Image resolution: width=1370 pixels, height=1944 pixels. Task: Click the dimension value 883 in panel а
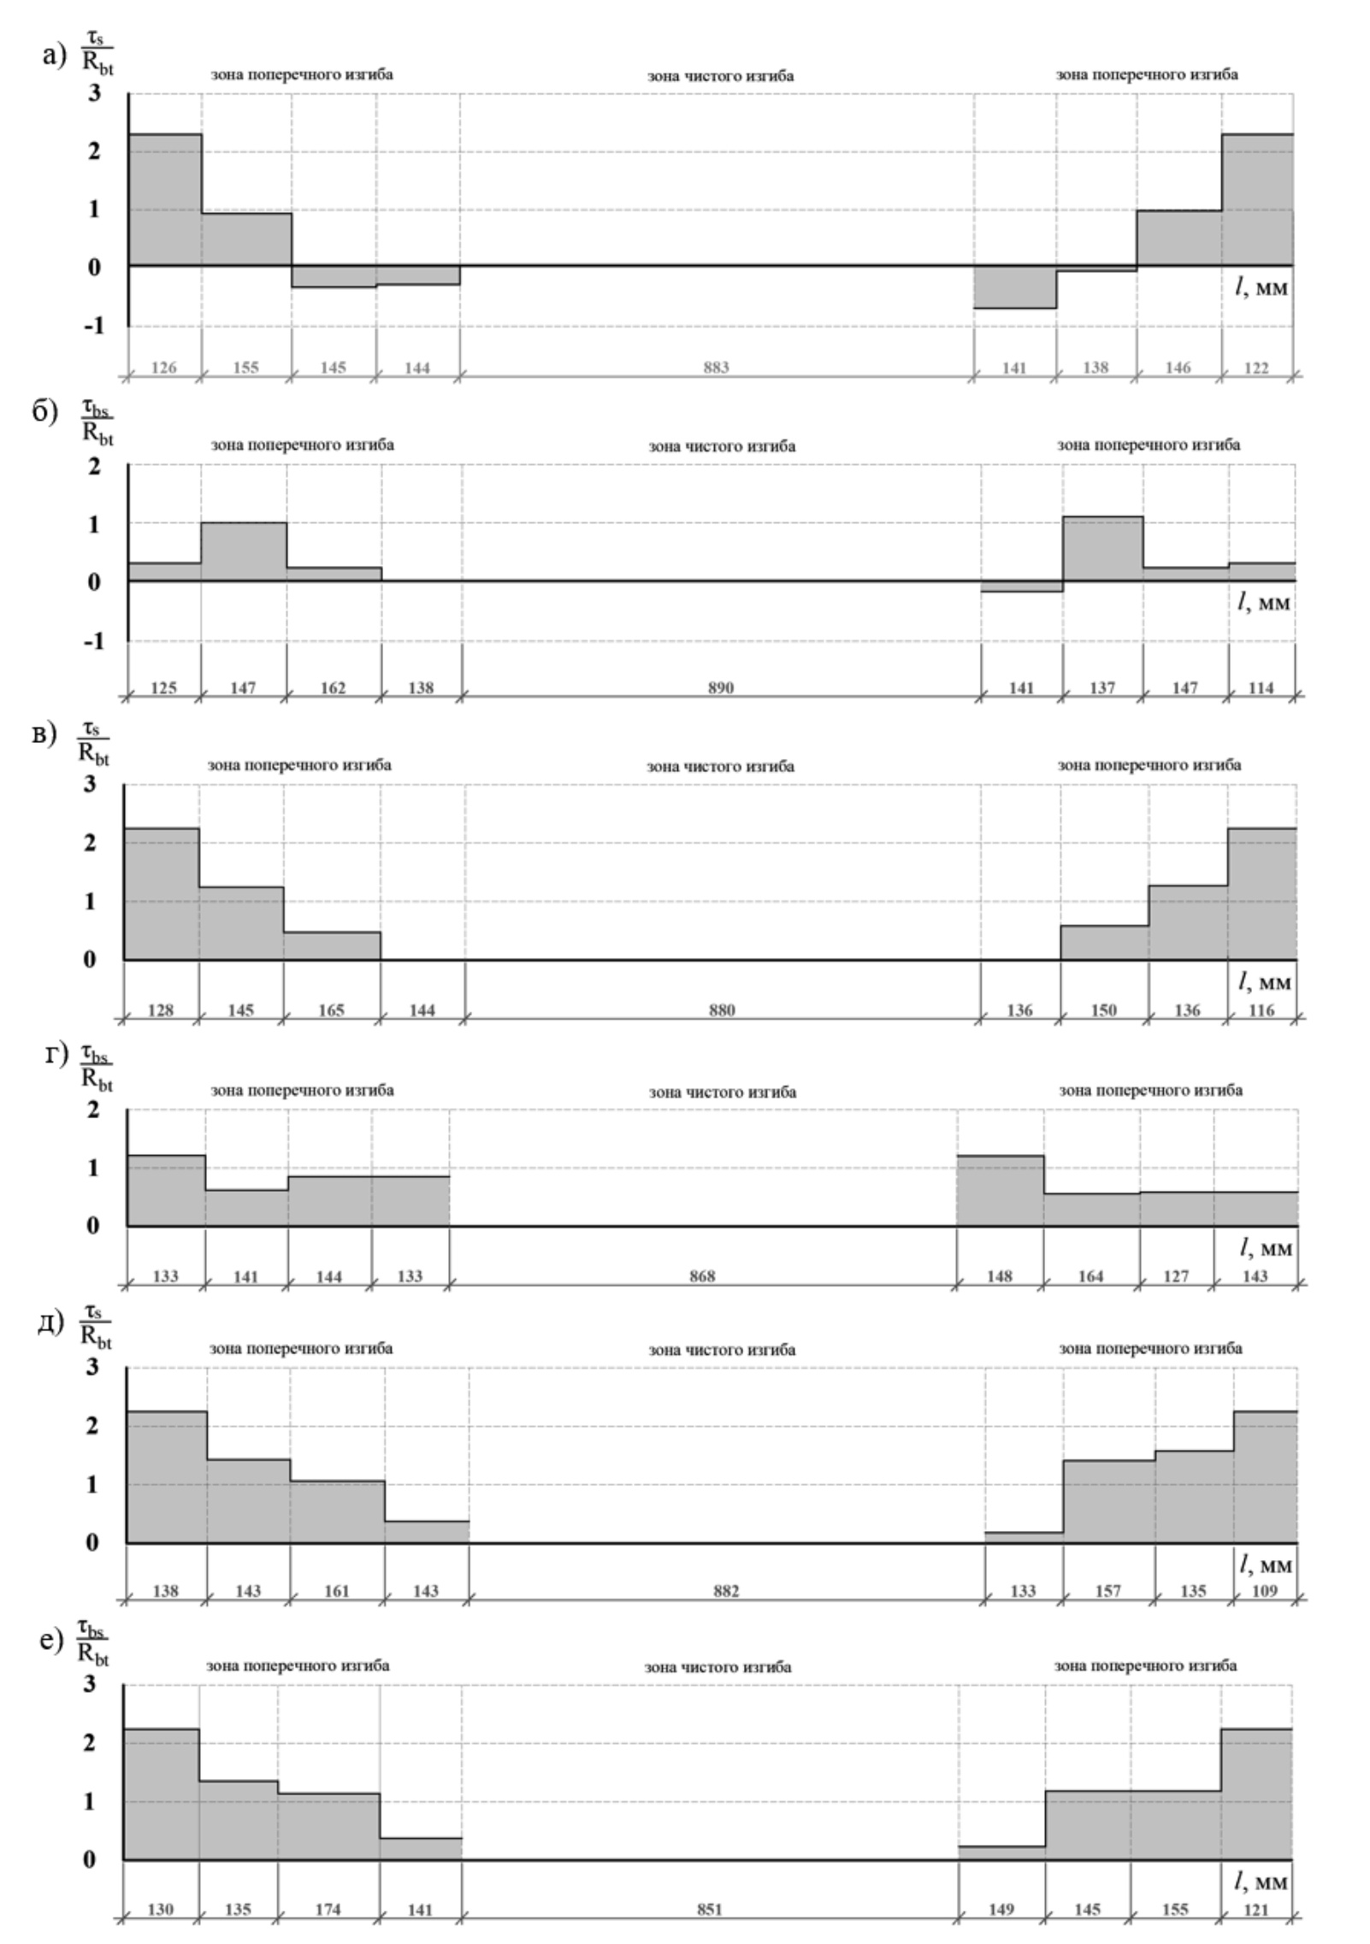click(x=717, y=368)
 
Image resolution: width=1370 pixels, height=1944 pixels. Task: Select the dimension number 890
click(x=721, y=687)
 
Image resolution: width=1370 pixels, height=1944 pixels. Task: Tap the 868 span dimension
click(x=702, y=1276)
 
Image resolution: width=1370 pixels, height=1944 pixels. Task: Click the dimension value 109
click(x=1264, y=1591)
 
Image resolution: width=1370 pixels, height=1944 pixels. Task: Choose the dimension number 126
click(x=163, y=368)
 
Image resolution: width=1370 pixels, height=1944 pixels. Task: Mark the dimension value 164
click(x=1090, y=1276)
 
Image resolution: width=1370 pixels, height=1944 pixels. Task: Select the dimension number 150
click(x=1103, y=1010)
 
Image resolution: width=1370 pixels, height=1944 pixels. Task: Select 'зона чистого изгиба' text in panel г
click(x=722, y=1092)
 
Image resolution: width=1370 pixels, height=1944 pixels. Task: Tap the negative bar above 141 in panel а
click(x=1014, y=286)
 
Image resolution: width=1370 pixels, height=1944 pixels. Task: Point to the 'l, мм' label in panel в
click(x=1264, y=983)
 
